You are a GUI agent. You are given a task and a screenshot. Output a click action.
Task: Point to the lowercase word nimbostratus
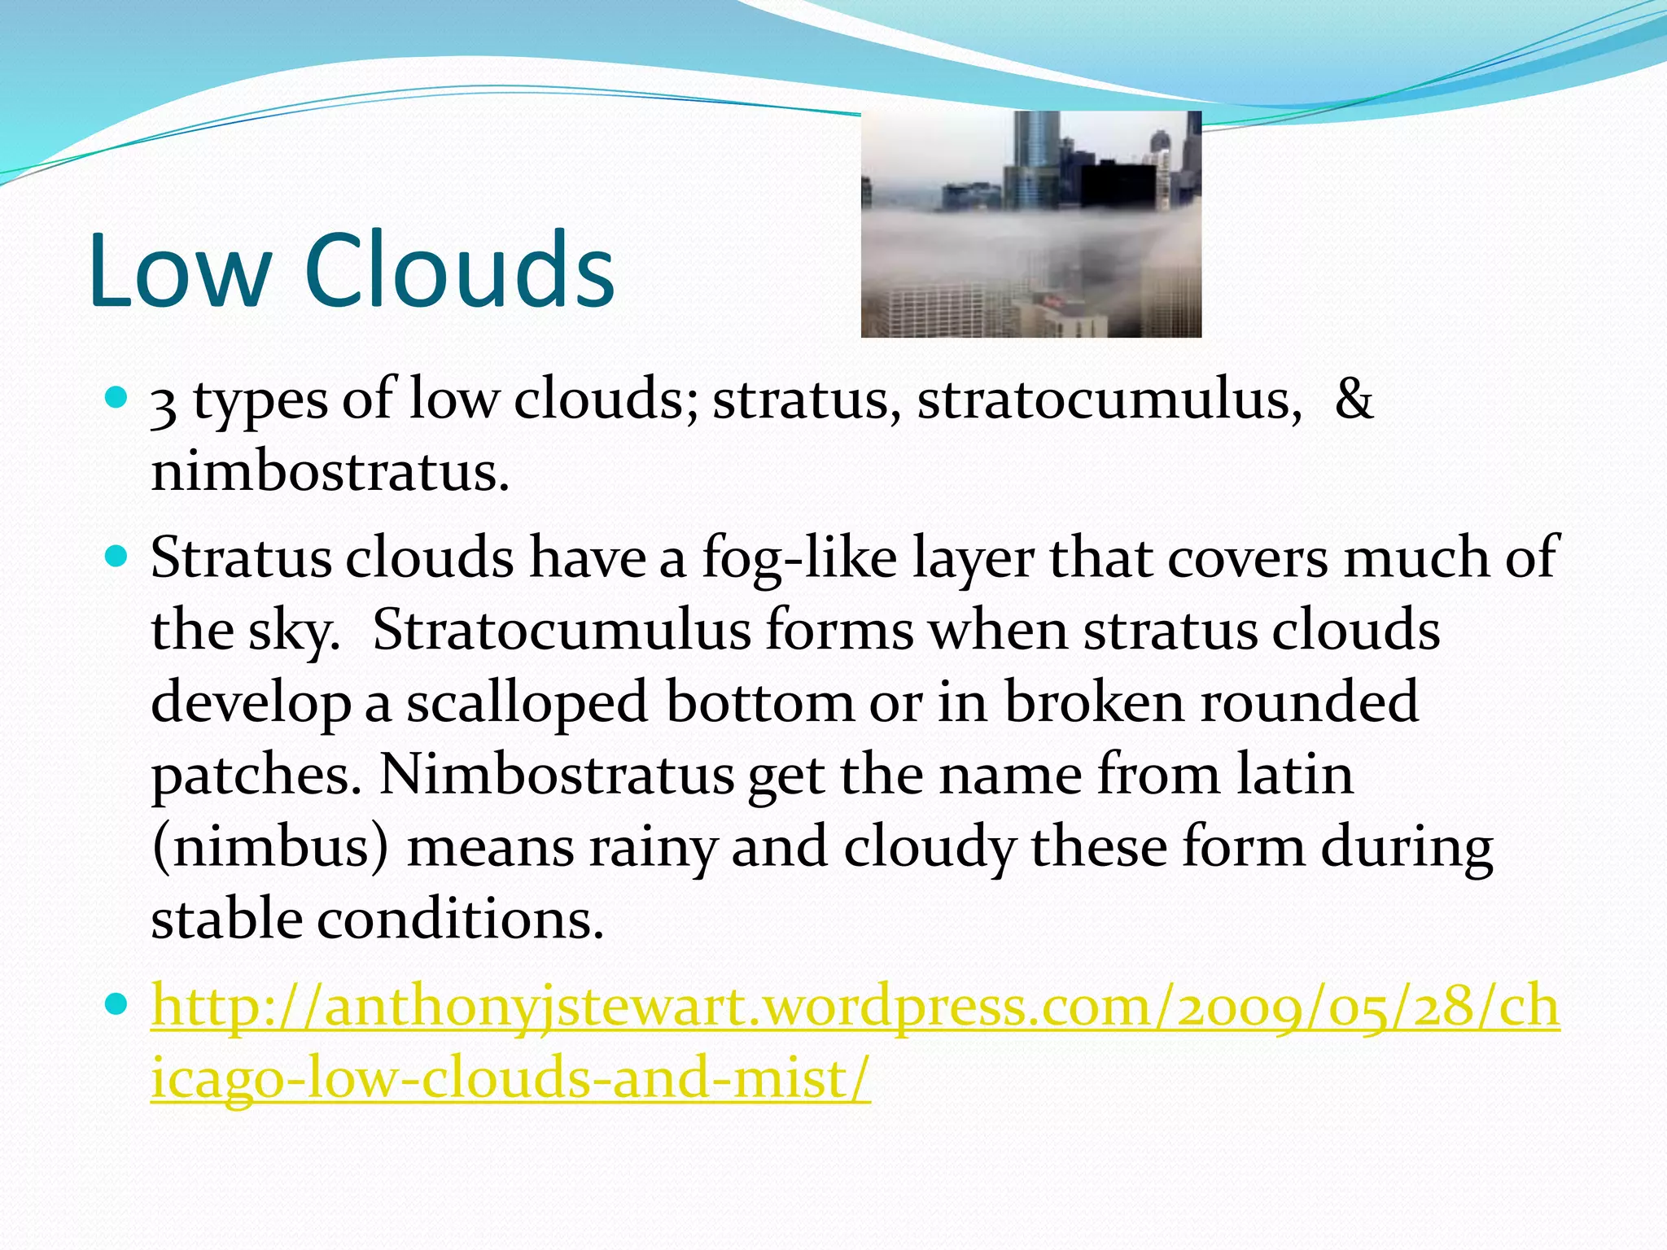click(x=330, y=472)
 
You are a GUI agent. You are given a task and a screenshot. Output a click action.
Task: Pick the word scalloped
click(x=527, y=702)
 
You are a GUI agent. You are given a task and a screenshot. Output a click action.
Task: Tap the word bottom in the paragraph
click(x=759, y=702)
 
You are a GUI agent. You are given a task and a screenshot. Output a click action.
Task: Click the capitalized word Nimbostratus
click(x=557, y=774)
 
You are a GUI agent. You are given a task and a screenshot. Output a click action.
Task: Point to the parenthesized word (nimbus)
click(x=270, y=847)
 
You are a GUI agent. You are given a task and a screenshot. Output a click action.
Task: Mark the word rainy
click(x=652, y=847)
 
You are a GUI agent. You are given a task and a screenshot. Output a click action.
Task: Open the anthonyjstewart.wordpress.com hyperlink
click(x=855, y=1007)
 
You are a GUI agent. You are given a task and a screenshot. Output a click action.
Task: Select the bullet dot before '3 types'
click(x=118, y=399)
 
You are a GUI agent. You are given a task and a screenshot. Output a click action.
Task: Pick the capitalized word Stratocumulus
click(x=562, y=631)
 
